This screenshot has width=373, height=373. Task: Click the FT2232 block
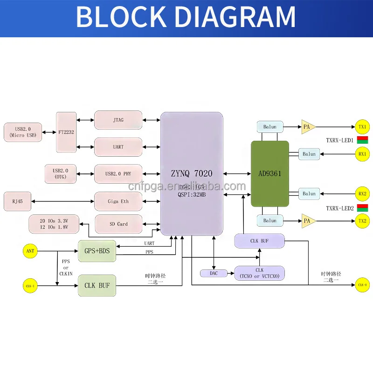[66, 131]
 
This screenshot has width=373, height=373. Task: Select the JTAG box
[118, 120]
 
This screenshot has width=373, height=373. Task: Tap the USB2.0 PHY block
[118, 174]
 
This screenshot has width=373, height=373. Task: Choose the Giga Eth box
[118, 201]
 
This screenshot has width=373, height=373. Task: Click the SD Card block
[118, 224]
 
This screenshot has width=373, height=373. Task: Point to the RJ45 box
[14, 201]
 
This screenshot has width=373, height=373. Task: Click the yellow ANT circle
[30, 251]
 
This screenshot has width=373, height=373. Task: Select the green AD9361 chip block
[269, 173]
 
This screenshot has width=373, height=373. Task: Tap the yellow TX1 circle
[362, 127]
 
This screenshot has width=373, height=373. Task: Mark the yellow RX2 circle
[362, 193]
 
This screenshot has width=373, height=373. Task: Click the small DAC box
[213, 273]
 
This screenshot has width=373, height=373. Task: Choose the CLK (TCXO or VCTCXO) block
[259, 273]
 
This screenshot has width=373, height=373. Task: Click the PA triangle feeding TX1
[308, 127]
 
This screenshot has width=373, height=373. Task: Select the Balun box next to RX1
[309, 154]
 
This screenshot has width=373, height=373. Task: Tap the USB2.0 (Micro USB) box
[23, 132]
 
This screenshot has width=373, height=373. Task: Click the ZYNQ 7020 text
[191, 173]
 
